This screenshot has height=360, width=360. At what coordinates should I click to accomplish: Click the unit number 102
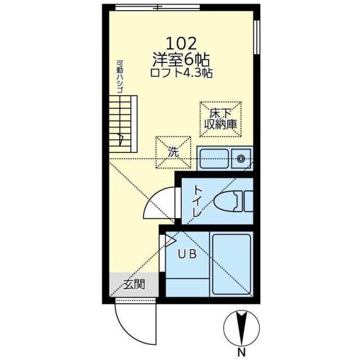coord(181,44)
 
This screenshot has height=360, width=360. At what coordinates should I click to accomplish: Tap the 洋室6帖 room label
coord(181,60)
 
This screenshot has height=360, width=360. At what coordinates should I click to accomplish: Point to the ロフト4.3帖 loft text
coord(181,73)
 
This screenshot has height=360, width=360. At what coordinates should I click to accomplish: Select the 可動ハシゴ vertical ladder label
coord(120,76)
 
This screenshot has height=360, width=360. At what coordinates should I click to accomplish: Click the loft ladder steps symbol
coord(123,124)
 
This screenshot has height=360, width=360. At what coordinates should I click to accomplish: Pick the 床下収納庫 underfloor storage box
coord(220,119)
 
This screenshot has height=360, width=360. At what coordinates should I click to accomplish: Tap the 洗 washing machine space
coord(173,152)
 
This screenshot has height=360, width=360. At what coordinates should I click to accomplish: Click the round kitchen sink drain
coord(241,159)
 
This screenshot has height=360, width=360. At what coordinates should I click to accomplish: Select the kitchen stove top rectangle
coord(214,159)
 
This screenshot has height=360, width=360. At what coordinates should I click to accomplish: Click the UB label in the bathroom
coord(187,254)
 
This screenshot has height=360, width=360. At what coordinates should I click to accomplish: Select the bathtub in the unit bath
coord(231,264)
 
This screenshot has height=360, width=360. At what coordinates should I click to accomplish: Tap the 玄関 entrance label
coord(134,284)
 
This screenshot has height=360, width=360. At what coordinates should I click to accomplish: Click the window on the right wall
coord(257,38)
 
